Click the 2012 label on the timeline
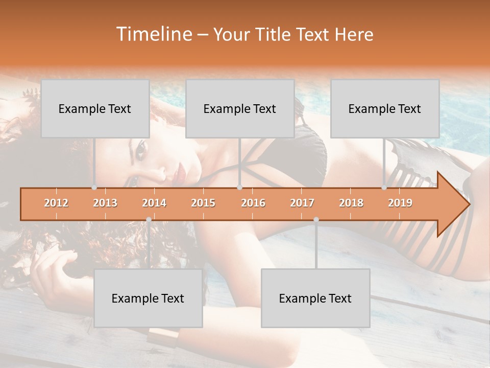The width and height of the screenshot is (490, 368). point(56,203)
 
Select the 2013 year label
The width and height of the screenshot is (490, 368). point(105,203)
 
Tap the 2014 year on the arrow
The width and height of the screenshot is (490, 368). point(154,203)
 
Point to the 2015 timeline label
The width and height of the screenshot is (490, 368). point(203,203)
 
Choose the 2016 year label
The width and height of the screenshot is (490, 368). point(253,203)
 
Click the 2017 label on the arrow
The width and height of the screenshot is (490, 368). point(302,203)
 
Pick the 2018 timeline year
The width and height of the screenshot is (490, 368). point(351,203)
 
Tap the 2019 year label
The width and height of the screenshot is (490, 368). point(400,203)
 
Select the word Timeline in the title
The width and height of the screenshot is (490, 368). point(154,34)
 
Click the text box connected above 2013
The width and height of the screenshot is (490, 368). point(95,108)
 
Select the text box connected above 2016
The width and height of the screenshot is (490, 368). point(240,108)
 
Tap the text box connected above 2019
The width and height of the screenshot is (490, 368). point(385,108)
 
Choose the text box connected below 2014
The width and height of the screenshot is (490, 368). point(148,298)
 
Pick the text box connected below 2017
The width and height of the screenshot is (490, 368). point(315,298)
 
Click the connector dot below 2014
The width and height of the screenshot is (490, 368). point(149,220)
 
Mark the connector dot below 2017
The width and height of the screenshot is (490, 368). point(316,220)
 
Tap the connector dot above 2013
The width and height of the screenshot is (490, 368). point(94,188)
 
